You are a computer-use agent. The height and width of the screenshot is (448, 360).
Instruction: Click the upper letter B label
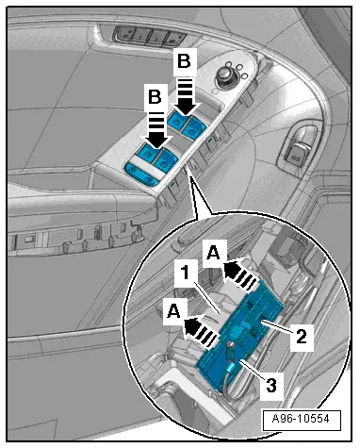(184, 61)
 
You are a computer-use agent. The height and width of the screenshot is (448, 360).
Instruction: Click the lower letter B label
(155, 97)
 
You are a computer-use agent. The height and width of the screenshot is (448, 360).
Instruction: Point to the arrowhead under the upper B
(185, 108)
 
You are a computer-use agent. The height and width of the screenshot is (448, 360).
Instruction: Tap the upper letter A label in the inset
(213, 252)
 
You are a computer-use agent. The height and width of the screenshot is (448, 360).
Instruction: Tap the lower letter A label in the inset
(173, 312)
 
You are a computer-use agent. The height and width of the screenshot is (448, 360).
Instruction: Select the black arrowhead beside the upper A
(232, 268)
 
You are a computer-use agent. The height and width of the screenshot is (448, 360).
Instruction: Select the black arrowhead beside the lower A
(193, 326)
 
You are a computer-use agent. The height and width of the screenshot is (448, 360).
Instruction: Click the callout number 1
(186, 273)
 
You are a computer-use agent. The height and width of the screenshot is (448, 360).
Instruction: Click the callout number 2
(301, 337)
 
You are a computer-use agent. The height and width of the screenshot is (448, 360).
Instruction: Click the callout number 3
(271, 385)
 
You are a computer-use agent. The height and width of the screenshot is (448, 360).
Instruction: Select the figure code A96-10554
(301, 419)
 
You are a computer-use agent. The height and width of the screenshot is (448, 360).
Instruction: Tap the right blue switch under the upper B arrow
(194, 127)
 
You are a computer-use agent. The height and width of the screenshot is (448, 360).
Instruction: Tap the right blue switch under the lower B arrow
(166, 158)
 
